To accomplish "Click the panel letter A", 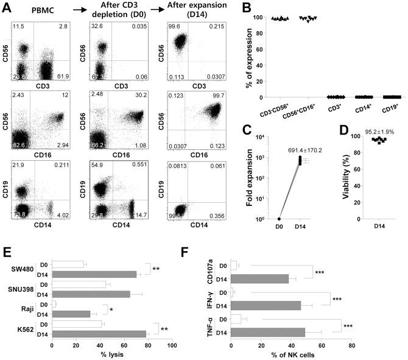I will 7,7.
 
